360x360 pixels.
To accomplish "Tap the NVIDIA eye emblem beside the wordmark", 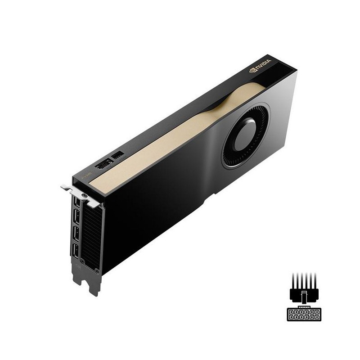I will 253,70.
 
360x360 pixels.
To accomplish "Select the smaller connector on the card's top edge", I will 118,155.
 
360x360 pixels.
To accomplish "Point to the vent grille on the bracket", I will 92,234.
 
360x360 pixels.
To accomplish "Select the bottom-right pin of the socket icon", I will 316,317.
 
